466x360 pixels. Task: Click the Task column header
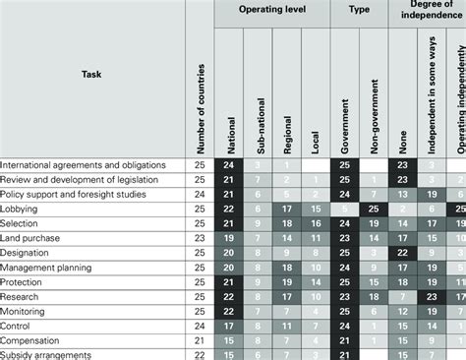[90, 73]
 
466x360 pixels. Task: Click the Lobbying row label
[20, 210]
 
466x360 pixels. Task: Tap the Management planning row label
[47, 267]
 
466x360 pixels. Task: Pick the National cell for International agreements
[229, 165]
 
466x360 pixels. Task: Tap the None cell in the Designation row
[401, 253]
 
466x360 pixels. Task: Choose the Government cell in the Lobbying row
[344, 210]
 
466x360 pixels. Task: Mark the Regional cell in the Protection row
[286, 281]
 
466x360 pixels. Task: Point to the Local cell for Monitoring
[315, 311]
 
